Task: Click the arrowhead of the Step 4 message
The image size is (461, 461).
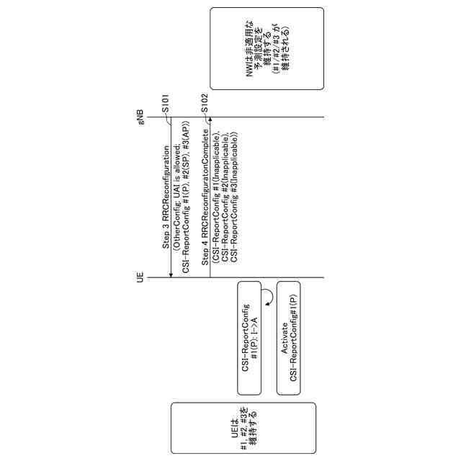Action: click(210, 120)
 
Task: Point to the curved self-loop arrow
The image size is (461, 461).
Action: click(266, 297)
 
